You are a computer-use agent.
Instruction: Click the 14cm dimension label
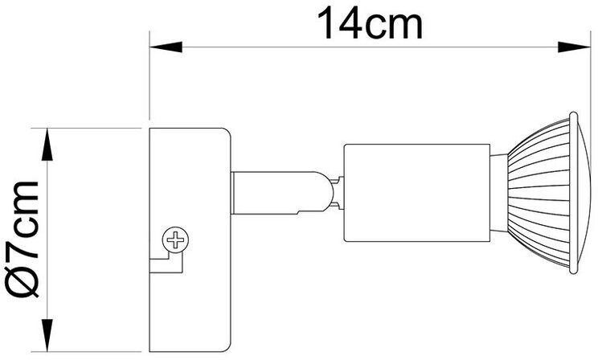[x=369, y=24]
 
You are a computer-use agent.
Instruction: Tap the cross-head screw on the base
[x=174, y=239]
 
